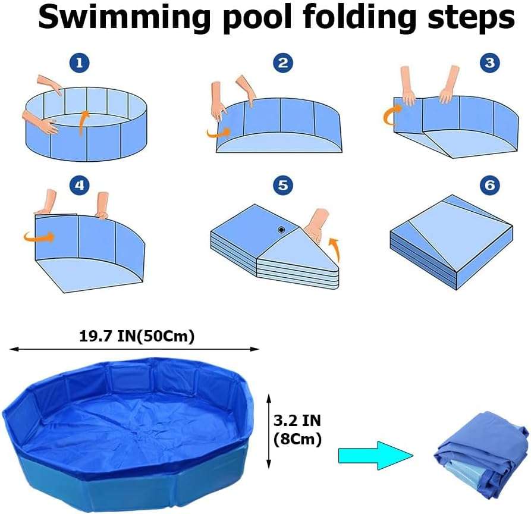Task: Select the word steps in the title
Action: click(471, 18)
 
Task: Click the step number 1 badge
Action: click(80, 63)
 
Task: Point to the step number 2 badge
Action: click(283, 63)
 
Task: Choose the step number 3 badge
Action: click(490, 63)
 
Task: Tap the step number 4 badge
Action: click(80, 185)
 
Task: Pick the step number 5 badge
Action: click(283, 185)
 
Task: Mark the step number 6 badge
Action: click(490, 185)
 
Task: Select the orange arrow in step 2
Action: click(218, 133)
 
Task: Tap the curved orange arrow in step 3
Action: click(389, 115)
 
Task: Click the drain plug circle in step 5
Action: click(281, 230)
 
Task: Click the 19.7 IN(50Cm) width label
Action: click(137, 337)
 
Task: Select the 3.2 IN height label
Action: click(297, 421)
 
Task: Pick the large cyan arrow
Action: click(376, 455)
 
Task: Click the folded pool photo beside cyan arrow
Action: click(482, 450)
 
